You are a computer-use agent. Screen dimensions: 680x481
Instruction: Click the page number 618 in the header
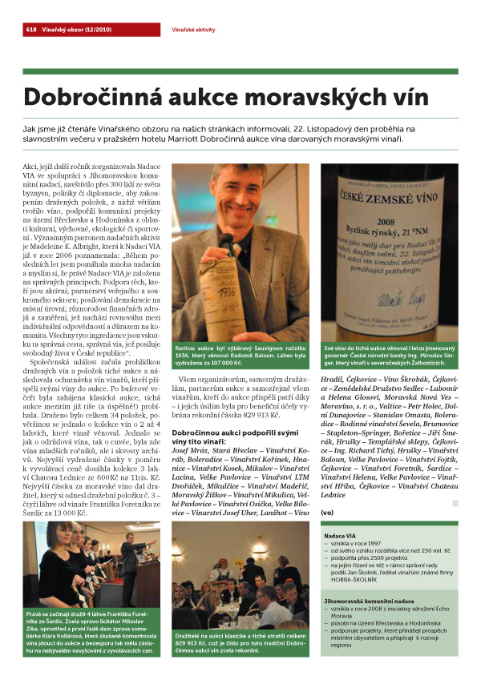click(31, 29)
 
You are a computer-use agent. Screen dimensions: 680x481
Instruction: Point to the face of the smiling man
click(240, 200)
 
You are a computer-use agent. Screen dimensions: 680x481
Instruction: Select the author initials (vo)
click(325, 513)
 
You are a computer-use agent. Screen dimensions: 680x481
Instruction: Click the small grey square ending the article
click(455, 504)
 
